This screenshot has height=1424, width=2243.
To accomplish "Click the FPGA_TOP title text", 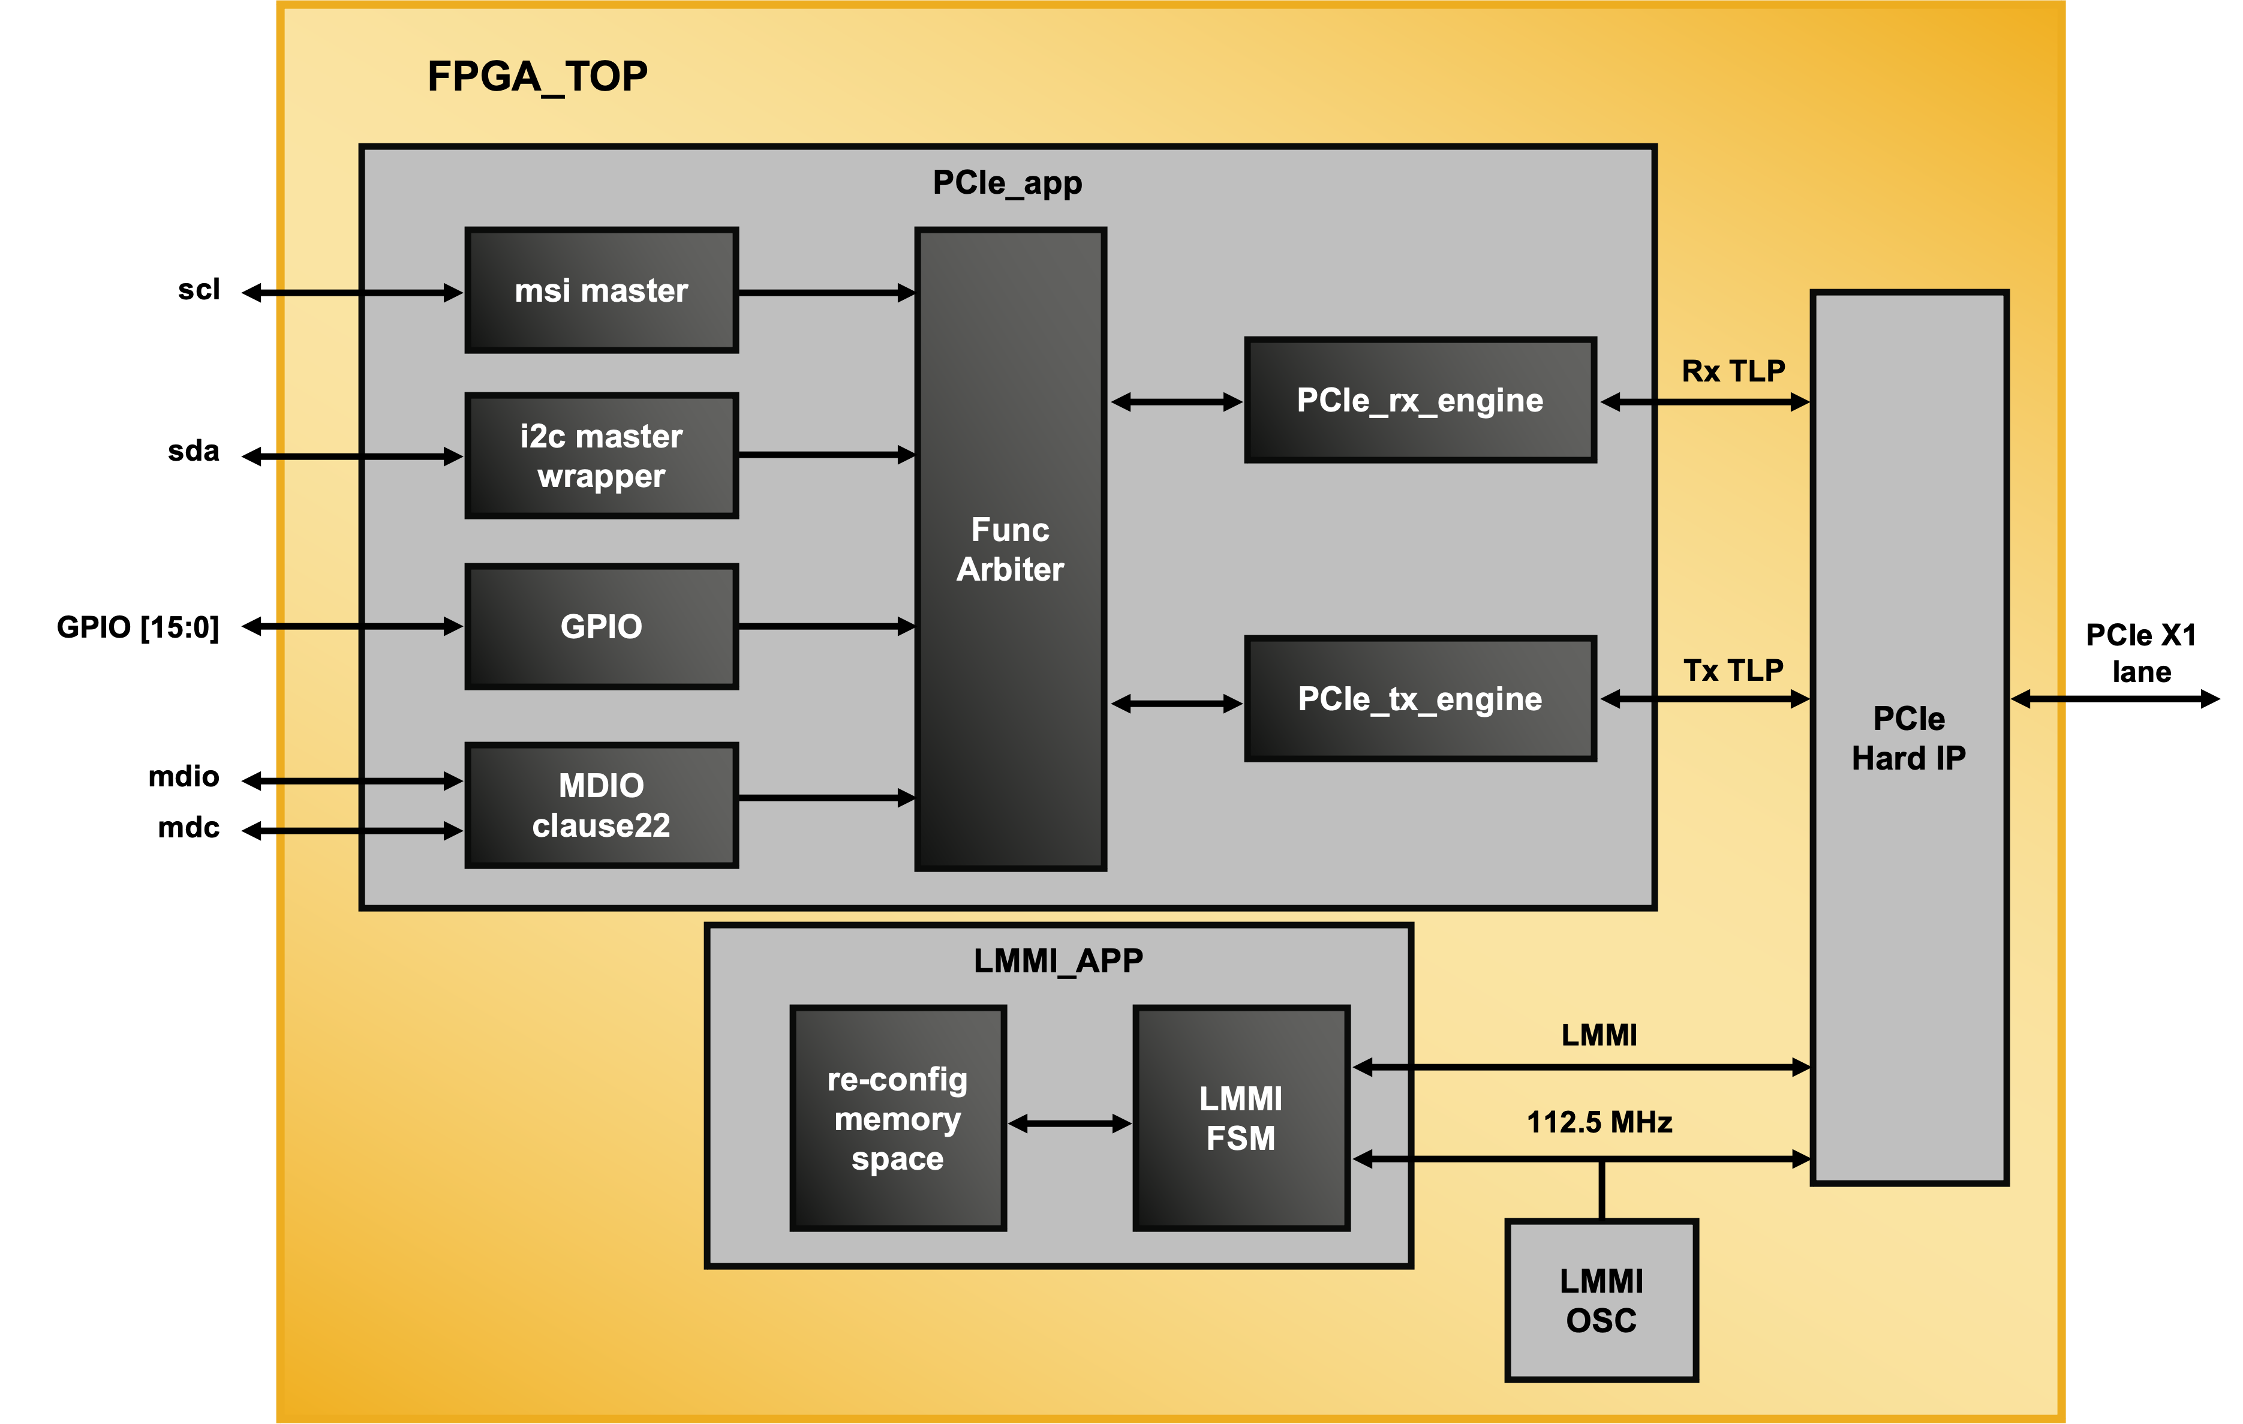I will point(537,76).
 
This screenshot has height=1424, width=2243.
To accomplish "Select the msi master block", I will point(602,290).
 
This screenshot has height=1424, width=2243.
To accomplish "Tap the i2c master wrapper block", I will point(602,455).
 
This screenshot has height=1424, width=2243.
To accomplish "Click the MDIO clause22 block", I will point(602,806).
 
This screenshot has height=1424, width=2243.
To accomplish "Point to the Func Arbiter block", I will point(1011,549).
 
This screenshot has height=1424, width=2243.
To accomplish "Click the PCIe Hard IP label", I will point(1908,738).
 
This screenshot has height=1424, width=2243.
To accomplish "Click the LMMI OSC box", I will point(1601,1300).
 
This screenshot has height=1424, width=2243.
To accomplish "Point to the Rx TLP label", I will point(1733,371).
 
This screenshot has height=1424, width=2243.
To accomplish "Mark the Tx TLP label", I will point(1733,669).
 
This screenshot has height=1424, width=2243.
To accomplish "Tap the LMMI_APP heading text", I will point(1058,960).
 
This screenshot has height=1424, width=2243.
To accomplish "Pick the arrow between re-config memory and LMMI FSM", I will point(1069,1124).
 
